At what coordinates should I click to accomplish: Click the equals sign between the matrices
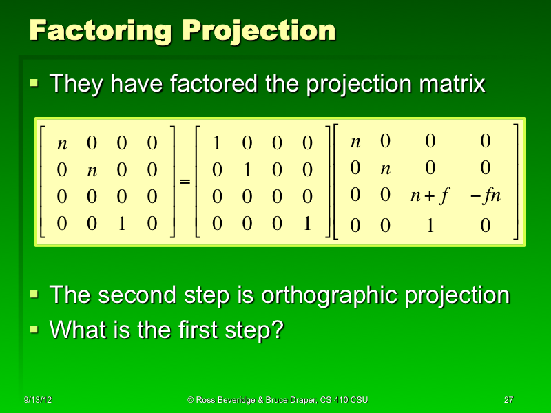[x=185, y=182]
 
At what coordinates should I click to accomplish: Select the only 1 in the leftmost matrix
[x=121, y=223]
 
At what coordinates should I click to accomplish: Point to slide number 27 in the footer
[x=509, y=399]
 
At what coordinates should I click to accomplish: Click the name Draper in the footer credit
[x=302, y=399]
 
